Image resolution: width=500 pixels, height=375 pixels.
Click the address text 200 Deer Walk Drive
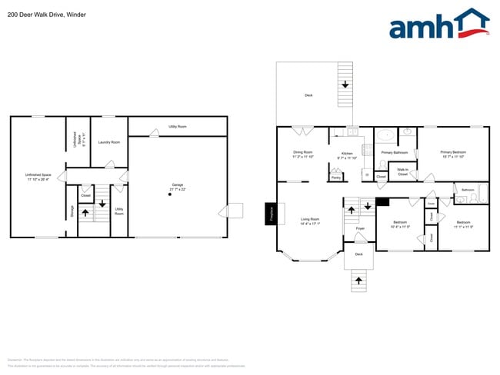point(35,14)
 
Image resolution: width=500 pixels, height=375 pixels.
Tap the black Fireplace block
point(271,214)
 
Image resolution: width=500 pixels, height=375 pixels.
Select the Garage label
point(178,187)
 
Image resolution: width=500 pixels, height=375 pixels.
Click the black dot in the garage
point(170,194)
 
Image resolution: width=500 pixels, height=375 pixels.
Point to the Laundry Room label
point(110,142)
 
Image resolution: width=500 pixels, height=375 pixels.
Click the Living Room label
point(310,221)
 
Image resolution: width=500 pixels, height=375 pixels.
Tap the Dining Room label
point(303,154)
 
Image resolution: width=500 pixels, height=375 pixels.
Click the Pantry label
point(336,178)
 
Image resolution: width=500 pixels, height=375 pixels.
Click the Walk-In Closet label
point(402,173)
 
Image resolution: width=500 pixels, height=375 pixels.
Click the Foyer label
point(359,228)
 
